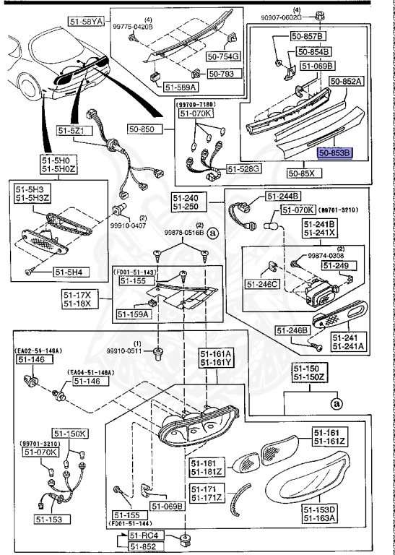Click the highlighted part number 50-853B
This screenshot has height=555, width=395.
click(x=334, y=153)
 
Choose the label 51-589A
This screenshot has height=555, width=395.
click(x=181, y=87)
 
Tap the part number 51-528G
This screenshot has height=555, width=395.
click(x=243, y=168)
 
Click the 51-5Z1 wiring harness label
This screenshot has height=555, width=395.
click(x=71, y=131)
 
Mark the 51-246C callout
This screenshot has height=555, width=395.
click(x=264, y=283)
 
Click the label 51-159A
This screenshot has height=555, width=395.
click(x=132, y=314)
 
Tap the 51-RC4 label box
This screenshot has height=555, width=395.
click(x=142, y=535)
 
